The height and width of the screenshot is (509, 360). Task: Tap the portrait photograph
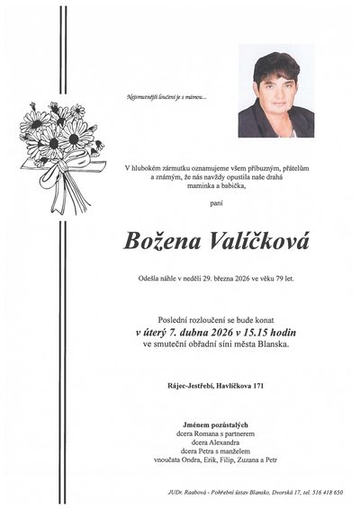click(x=275, y=94)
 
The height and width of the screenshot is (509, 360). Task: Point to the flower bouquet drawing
click(x=57, y=148)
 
